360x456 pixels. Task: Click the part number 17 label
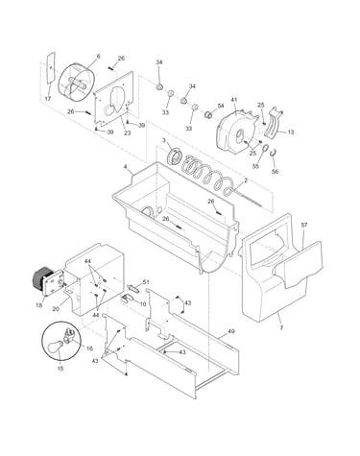point(48,99)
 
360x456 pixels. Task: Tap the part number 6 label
point(98,57)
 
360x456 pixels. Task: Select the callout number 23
point(128,133)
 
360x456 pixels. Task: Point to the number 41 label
point(234,100)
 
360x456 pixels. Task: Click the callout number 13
point(291,132)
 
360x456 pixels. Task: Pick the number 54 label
point(221,106)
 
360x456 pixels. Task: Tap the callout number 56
point(275,172)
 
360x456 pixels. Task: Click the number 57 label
point(304,225)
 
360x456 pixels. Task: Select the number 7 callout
point(281,328)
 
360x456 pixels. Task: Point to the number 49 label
point(231,331)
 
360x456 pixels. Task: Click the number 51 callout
point(146,282)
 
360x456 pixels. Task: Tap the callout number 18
point(38,305)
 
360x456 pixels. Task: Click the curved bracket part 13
point(273,124)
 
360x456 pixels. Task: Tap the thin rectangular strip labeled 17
point(50,68)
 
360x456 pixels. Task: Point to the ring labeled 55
point(265,149)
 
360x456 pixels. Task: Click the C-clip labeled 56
point(274,153)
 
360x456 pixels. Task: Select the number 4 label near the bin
point(126,167)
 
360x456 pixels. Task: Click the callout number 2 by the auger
point(246,180)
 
